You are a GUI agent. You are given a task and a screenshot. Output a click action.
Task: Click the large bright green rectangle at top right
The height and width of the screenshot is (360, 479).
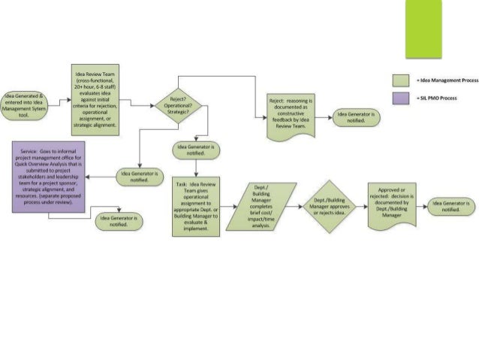tap(423, 29)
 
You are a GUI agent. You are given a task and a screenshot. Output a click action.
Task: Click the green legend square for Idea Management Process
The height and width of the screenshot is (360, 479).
tap(402, 80)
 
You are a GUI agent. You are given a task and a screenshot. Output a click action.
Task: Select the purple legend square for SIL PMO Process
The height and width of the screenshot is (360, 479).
tap(402, 98)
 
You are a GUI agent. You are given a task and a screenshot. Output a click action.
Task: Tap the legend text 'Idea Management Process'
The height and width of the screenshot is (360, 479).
tap(449, 80)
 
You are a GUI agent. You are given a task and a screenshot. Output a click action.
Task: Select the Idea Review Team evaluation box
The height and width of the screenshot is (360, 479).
tap(95, 100)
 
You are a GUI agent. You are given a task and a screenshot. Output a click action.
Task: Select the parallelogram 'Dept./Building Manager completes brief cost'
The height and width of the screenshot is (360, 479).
tap(261, 206)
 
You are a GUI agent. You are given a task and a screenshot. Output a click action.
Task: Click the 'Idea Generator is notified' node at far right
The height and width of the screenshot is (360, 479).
tap(450, 206)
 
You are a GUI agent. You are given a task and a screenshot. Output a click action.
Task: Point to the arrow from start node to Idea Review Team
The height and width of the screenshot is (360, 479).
tap(61, 101)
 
